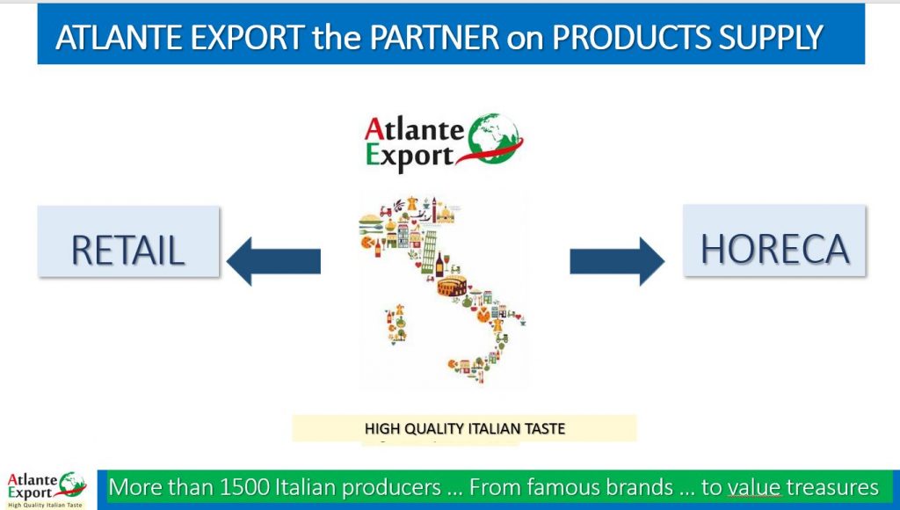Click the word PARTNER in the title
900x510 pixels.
tap(434, 37)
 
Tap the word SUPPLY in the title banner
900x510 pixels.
tap(771, 37)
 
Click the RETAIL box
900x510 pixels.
tap(128, 242)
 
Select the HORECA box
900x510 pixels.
tap(774, 240)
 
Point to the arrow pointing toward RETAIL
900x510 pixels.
tap(274, 261)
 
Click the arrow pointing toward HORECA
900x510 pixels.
tap(617, 261)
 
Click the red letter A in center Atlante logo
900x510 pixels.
tap(374, 128)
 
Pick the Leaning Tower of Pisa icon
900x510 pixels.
tap(429, 251)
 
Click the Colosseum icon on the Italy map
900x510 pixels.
tap(452, 286)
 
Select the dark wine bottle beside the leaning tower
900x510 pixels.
tap(439, 266)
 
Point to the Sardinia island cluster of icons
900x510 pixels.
tap(396, 324)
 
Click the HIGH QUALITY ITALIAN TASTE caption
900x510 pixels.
tap(464, 428)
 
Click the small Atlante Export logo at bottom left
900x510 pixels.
tap(46, 490)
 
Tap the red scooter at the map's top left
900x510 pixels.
tap(385, 211)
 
